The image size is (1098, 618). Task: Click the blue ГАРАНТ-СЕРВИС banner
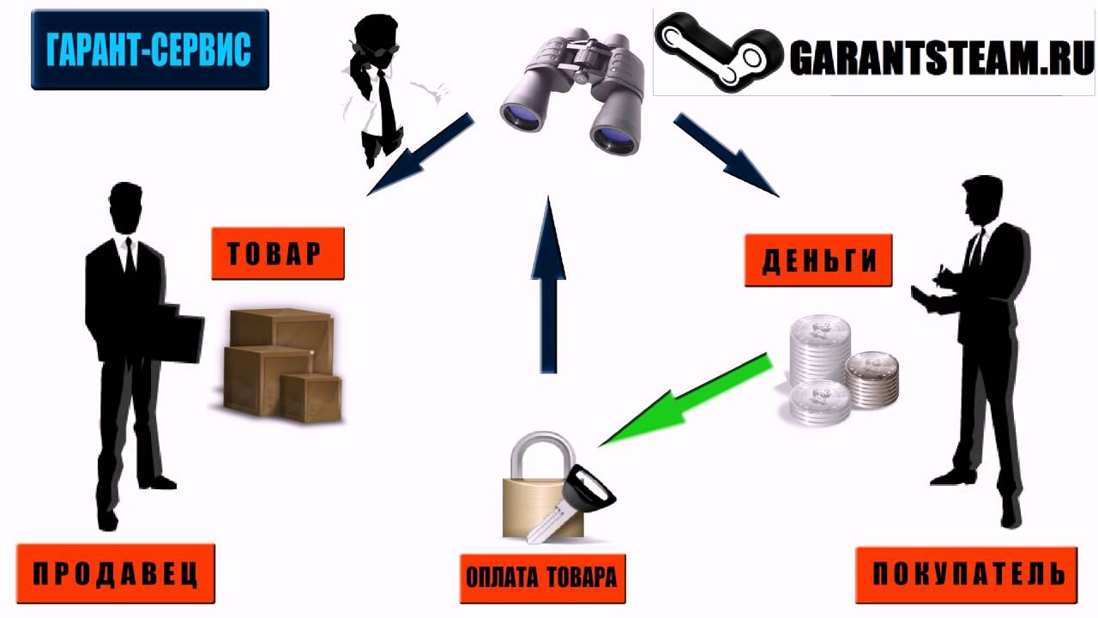click(x=150, y=50)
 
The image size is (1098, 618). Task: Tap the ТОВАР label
click(x=278, y=253)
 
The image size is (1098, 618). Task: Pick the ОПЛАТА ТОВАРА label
click(x=540, y=577)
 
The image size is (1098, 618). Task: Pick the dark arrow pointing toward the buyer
click(x=726, y=154)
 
